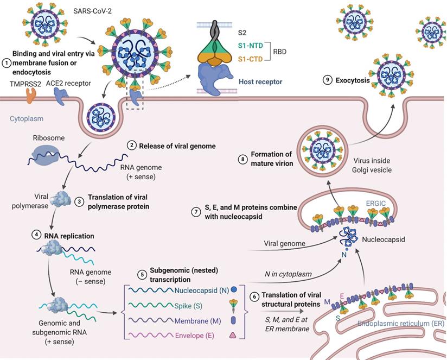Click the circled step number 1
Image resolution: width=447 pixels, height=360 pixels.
click(x=6, y=63)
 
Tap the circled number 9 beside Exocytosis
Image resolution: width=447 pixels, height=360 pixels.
click(x=327, y=80)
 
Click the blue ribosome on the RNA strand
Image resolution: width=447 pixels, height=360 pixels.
click(x=40, y=155)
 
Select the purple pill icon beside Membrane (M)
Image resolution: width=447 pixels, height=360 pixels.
click(x=234, y=321)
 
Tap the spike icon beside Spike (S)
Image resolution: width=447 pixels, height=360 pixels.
click(x=233, y=305)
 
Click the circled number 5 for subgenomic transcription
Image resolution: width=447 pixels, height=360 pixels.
click(x=142, y=274)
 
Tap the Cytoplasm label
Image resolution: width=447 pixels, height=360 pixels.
click(x=27, y=118)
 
